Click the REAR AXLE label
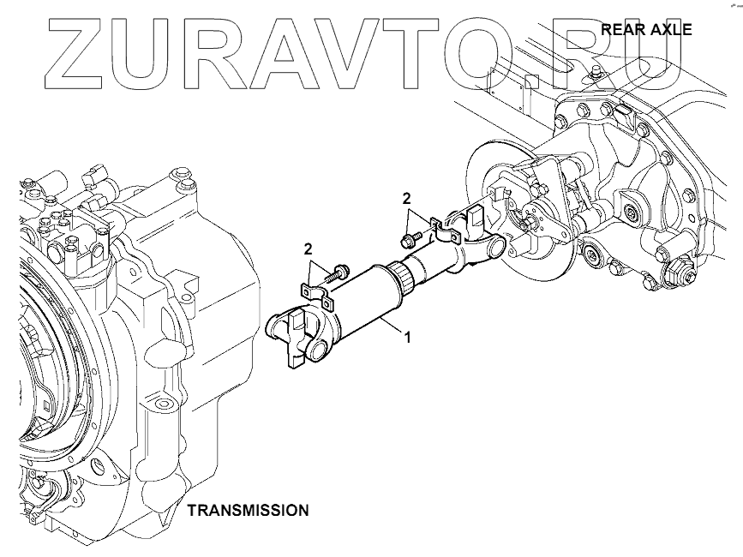[x=646, y=28]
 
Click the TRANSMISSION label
[x=248, y=510]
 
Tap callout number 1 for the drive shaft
[x=408, y=338]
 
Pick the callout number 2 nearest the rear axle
[x=407, y=199]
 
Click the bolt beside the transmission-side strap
[x=341, y=273]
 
